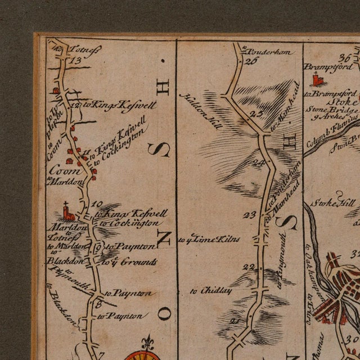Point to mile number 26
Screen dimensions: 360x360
tap(251, 61)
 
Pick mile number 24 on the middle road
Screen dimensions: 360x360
tap(258, 164)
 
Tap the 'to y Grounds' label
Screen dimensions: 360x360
tap(122, 262)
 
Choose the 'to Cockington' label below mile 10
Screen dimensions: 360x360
tap(129, 223)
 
